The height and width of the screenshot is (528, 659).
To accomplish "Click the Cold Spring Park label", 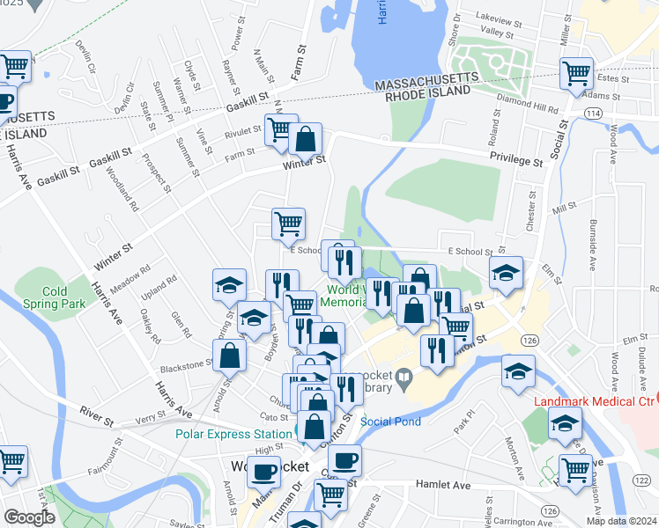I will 66,297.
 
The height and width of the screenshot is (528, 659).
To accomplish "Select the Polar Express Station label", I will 233,434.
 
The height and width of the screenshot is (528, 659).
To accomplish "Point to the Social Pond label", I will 390,422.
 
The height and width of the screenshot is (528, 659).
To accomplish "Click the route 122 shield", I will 641,479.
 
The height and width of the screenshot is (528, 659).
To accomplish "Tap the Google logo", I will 29,517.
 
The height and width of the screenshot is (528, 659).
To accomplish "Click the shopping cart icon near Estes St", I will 576,73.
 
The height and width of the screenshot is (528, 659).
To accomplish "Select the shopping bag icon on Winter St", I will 306,139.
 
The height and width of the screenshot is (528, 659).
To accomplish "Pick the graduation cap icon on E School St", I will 507,272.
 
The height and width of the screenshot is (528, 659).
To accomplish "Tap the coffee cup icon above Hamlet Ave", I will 344,459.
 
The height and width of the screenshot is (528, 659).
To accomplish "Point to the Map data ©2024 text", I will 624,521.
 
